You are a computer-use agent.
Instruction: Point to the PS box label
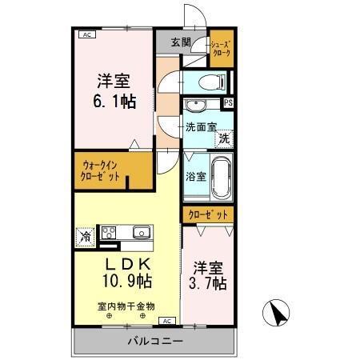click(x=228, y=103)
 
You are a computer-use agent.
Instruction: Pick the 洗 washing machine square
click(x=225, y=138)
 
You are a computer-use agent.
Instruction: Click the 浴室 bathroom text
click(x=196, y=176)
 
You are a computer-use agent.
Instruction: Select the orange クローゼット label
click(x=208, y=214)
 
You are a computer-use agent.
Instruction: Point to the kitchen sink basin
click(x=142, y=233)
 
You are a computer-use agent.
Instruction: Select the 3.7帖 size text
click(x=208, y=283)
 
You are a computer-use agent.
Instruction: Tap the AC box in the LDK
click(x=167, y=321)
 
